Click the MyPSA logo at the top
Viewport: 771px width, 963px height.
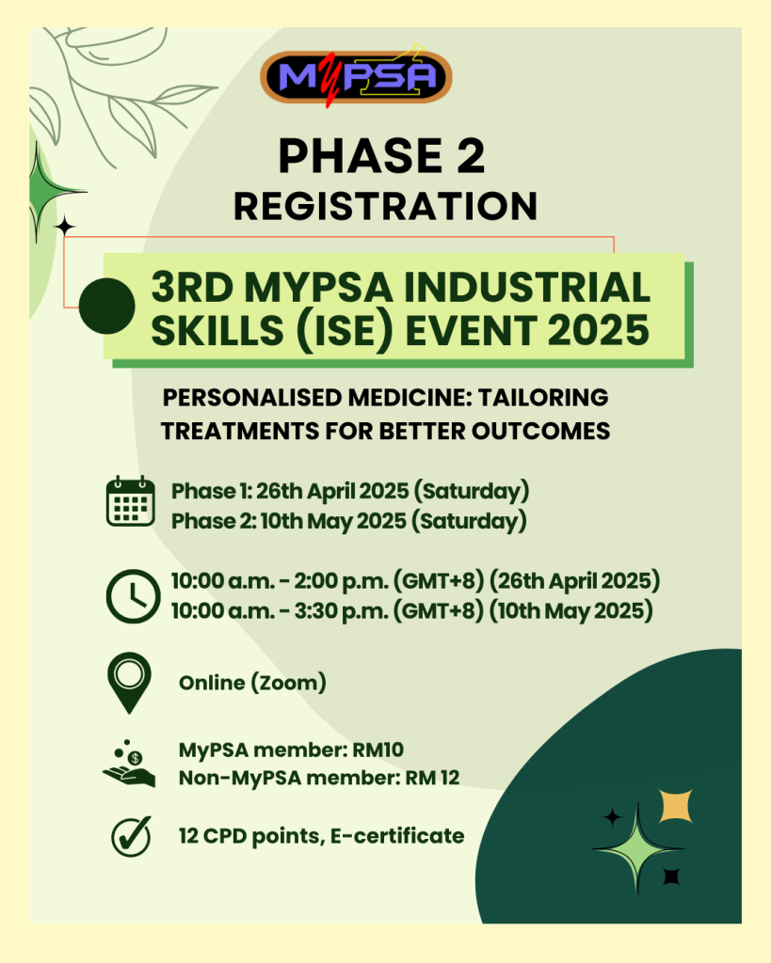coord(356,77)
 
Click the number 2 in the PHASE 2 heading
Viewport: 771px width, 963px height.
coord(467,157)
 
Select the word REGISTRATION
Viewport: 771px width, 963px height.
coord(386,206)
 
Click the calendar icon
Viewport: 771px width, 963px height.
coord(130,501)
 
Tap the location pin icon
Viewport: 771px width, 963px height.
coord(129,681)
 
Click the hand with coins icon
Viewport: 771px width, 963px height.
coord(128,763)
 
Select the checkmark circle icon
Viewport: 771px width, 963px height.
coord(130,835)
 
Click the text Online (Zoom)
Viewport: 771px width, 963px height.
coord(252,683)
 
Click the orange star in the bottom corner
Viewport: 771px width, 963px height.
coord(675,806)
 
